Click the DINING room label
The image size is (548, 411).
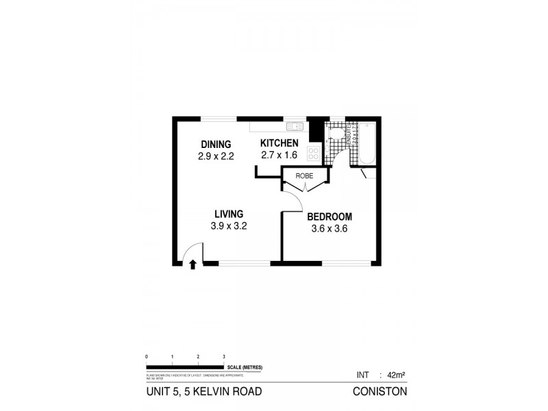216,144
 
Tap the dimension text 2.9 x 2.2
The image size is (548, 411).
216,155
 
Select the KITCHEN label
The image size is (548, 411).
279,143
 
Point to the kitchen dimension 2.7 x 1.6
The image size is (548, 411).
279,155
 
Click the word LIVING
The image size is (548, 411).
228,214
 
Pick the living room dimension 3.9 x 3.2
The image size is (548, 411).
228,226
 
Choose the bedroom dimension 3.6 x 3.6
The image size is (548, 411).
329,229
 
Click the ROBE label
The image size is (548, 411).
304,176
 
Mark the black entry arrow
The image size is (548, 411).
192,263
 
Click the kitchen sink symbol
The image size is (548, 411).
295,125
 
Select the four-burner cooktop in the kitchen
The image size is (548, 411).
314,153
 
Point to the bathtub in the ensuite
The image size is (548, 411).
367,142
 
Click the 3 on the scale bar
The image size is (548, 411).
224,358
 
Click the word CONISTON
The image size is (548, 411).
379,393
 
